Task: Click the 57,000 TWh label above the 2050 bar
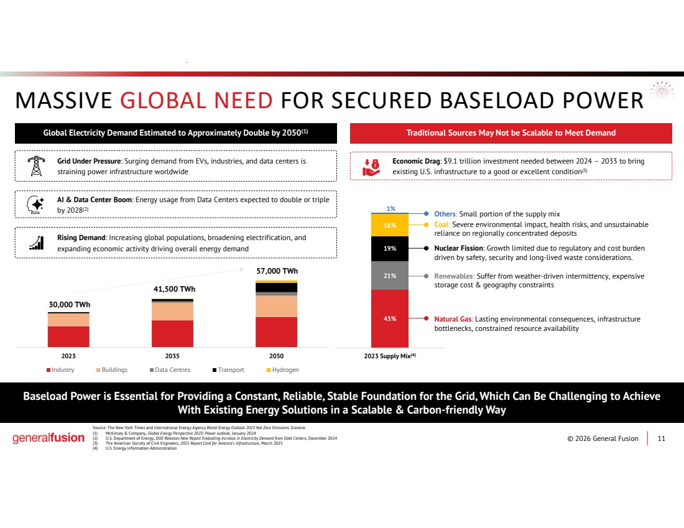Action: tap(277, 271)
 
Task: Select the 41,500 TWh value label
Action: tap(174, 289)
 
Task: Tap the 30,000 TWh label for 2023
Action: tap(70, 305)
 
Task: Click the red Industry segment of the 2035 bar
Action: tap(172, 334)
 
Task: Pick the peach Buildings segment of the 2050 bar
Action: tap(276, 307)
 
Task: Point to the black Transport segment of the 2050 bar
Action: tap(276, 287)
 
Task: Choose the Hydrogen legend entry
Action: tap(283, 369)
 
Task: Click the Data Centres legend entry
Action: tap(170, 369)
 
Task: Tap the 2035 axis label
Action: tap(172, 356)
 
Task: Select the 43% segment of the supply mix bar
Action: tap(389, 318)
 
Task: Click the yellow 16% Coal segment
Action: tap(389, 225)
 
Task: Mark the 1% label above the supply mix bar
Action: tap(391, 208)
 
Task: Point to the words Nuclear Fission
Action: tap(458, 248)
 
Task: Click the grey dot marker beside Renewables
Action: tap(426, 276)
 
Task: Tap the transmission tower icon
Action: tap(36, 166)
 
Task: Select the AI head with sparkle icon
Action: tap(35, 204)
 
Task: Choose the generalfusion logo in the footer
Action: tap(49, 438)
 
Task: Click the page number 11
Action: tap(662, 438)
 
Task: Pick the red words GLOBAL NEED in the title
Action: tap(196, 100)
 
